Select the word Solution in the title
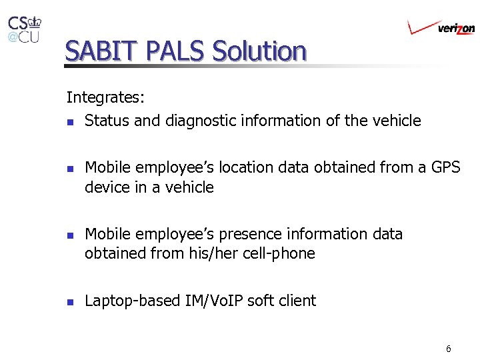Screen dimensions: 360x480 [x=259, y=51]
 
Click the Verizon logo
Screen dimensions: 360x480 [x=441, y=27]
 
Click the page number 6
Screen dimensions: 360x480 [x=449, y=349]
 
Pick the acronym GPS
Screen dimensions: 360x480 [x=445, y=167]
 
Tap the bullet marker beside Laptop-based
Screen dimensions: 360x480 [x=70, y=302]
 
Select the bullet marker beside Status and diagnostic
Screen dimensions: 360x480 [x=70, y=122]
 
